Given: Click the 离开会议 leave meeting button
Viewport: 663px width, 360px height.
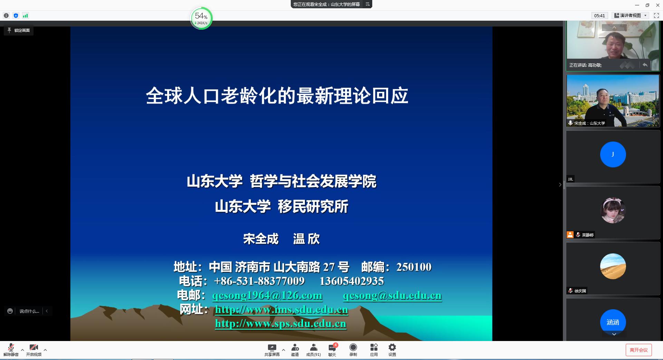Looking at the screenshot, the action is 638,350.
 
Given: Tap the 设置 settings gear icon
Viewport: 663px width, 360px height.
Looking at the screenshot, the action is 392,347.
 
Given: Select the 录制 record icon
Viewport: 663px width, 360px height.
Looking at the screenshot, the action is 353,347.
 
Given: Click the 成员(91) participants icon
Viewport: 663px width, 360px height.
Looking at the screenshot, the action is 314,347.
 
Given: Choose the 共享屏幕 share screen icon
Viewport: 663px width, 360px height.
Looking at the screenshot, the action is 272,347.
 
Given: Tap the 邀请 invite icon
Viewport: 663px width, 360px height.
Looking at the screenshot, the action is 295,347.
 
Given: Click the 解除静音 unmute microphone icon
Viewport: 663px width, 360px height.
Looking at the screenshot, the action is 11,347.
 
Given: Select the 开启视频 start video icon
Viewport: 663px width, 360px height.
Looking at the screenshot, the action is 34,347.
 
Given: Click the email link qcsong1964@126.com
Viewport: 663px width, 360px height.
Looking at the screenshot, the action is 267,295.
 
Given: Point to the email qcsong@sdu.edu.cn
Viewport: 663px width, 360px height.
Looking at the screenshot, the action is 392,295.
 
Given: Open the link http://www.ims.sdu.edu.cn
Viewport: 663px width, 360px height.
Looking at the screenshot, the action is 281,310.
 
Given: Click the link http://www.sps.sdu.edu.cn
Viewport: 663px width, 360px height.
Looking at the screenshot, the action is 280,323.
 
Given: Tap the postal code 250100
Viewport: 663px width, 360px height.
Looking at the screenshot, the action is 414,267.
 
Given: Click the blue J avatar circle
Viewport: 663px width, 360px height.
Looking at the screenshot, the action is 613,154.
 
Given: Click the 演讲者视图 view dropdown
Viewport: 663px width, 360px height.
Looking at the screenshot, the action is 631,16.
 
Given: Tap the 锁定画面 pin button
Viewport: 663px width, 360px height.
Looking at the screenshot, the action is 19,30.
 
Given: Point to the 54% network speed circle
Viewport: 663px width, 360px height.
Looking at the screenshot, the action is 201,18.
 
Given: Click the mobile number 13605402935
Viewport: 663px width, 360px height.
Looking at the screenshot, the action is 352,281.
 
